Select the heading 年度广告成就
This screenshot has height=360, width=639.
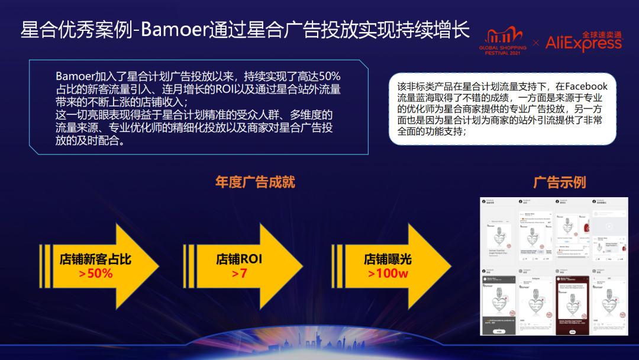point(255,182)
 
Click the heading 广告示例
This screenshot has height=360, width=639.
point(559,182)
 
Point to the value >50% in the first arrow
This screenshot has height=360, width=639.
point(95,274)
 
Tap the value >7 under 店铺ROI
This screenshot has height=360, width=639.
point(239,274)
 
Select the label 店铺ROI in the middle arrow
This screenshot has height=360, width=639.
point(239,259)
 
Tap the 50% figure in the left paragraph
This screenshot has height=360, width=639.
point(330,77)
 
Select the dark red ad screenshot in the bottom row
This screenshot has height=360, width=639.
point(569,302)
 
